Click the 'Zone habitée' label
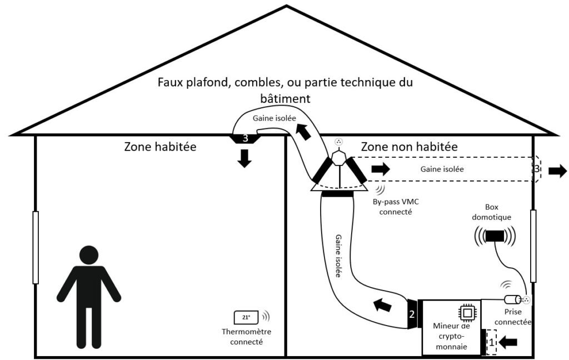click(x=161, y=147)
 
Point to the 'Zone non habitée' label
click(x=410, y=147)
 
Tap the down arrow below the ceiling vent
click(x=244, y=158)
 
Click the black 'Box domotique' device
click(x=494, y=236)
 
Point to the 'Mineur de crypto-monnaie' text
click(x=451, y=336)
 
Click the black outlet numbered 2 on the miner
click(x=412, y=314)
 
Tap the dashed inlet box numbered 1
click(x=491, y=342)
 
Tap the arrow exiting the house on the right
click(x=557, y=171)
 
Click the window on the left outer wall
click(x=35, y=247)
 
